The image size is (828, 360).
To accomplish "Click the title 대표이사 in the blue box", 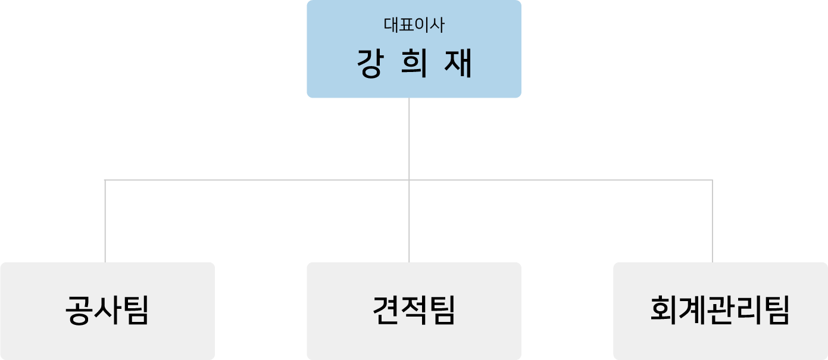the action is (x=414, y=25).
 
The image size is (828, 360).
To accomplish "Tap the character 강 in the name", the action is (x=370, y=63).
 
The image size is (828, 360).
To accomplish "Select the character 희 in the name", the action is (x=414, y=63).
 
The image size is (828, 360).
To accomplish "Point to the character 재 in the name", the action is (x=458, y=63).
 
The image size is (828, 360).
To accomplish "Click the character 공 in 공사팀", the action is (x=79, y=311).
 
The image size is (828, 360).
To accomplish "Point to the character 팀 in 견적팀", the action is (x=442, y=311).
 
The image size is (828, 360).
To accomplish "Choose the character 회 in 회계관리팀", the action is (x=664, y=311).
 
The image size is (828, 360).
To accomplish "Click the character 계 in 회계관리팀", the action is (x=692, y=311).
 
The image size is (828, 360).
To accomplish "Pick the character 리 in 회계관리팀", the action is (x=748, y=311).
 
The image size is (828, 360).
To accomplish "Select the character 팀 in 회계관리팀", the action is (x=776, y=311).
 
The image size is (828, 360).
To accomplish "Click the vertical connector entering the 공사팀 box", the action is (x=105, y=221).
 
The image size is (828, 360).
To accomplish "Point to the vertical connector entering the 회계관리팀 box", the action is (x=713, y=221).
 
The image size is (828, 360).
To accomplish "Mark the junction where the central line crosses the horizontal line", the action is (x=409, y=180).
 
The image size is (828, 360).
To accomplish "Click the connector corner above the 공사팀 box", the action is (x=105, y=180).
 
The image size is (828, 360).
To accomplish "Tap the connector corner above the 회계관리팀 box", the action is (x=713, y=180).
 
